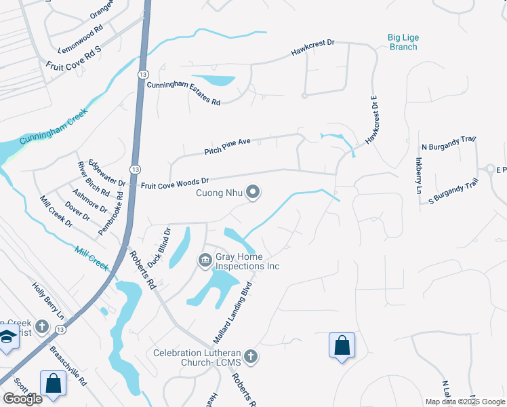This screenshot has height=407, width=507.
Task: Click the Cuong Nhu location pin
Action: [x=253, y=193]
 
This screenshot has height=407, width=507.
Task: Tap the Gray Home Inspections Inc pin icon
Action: [x=205, y=260]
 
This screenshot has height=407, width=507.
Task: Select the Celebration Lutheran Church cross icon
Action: [x=251, y=357]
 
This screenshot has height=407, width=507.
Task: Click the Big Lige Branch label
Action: [x=402, y=42]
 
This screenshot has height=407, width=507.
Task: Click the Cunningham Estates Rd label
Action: [x=183, y=92]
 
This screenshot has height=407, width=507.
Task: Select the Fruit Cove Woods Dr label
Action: [x=174, y=182]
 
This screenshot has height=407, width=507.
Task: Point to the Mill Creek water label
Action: [x=92, y=258]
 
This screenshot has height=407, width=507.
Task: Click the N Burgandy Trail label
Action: [x=449, y=142]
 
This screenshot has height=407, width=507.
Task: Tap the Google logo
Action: [x=22, y=399]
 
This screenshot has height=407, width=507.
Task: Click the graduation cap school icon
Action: [x=7, y=336]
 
